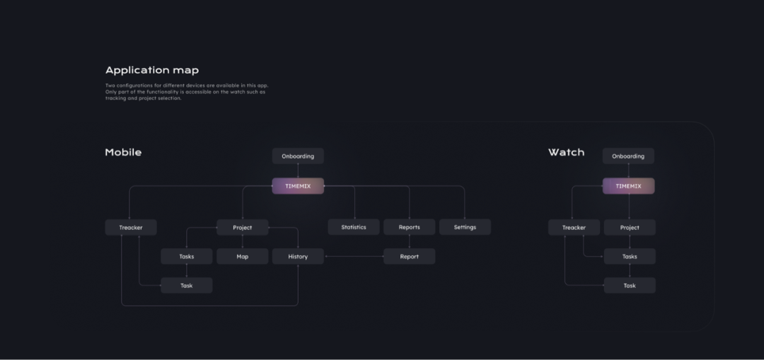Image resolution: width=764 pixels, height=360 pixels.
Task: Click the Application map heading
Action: tap(152, 70)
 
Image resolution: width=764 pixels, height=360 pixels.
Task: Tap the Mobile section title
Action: tap(123, 152)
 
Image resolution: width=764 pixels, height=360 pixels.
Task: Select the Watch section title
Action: tap(566, 152)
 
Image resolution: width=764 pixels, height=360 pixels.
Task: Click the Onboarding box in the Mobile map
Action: tap(298, 156)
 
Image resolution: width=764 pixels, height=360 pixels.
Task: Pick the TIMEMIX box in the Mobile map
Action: tap(298, 186)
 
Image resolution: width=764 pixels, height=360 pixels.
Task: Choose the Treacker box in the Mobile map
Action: tap(131, 227)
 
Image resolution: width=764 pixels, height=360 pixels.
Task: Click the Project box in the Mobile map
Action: tap(243, 227)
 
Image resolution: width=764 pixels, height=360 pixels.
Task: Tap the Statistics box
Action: tap(354, 227)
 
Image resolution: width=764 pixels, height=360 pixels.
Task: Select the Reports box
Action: tap(409, 227)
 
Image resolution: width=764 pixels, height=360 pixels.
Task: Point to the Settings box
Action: tap(465, 227)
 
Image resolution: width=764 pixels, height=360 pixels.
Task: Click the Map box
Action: tap(243, 256)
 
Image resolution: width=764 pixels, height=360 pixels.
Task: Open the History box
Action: tap(298, 256)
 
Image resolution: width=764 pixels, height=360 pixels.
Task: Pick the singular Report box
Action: tap(409, 256)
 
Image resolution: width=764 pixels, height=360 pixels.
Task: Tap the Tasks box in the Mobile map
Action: tap(187, 256)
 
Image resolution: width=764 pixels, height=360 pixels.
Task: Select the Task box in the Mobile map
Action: tap(187, 286)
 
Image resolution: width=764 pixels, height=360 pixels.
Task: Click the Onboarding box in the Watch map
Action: tap(628, 156)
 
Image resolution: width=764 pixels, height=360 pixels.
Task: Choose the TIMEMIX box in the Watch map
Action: tap(628, 186)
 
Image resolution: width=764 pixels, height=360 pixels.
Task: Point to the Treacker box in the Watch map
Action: tap(574, 227)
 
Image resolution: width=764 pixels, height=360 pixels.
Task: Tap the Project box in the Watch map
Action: tap(630, 227)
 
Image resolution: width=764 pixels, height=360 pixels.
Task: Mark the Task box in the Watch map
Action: tap(630, 286)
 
